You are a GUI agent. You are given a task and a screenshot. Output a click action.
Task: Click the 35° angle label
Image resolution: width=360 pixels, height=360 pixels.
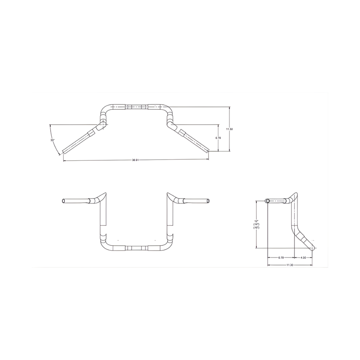(52, 140)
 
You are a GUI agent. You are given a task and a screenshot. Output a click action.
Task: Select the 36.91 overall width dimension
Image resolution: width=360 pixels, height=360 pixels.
(135, 160)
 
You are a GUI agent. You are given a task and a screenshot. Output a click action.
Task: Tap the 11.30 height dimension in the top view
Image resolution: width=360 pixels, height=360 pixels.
(229, 129)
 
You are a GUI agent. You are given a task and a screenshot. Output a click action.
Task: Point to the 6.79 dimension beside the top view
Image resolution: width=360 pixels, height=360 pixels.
(218, 138)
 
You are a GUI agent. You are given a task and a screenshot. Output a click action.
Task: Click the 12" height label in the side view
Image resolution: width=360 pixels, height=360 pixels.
(256, 221)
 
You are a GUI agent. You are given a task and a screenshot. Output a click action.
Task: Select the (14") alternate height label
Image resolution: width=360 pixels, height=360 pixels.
(256, 224)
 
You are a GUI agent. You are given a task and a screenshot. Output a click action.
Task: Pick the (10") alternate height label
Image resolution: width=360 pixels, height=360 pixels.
(256, 228)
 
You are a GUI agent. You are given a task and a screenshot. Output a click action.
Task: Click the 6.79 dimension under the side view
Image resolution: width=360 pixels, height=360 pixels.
(281, 257)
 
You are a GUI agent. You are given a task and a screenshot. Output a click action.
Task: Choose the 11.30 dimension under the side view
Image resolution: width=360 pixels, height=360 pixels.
(290, 265)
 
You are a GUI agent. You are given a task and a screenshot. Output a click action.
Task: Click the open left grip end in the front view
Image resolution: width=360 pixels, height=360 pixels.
(63, 200)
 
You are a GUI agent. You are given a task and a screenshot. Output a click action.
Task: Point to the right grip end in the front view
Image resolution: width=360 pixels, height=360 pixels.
(209, 200)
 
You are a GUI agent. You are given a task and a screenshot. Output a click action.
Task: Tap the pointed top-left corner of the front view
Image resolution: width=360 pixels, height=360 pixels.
(105, 193)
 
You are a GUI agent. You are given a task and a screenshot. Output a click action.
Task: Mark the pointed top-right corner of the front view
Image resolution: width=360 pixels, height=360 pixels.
(168, 193)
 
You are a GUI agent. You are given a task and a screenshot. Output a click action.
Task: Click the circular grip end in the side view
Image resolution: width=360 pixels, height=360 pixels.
(268, 201)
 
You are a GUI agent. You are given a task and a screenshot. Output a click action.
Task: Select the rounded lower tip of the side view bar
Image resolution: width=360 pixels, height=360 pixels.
(313, 248)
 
